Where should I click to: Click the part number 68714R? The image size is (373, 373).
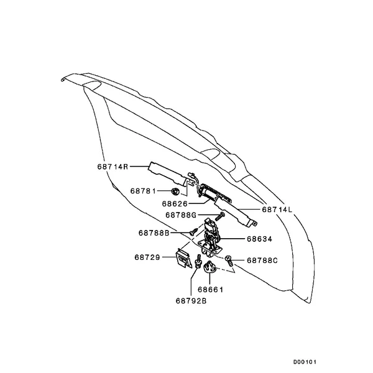tap(113, 167)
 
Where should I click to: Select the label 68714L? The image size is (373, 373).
tap(277, 210)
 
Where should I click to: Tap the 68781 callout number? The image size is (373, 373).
tap(143, 191)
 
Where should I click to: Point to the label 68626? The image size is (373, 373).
tap(175, 204)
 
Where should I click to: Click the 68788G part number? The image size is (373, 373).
tap(181, 215)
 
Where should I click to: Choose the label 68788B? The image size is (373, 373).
tap(154, 233)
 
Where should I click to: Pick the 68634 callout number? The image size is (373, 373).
tap(259, 239)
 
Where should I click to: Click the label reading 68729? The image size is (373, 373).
tap(147, 257)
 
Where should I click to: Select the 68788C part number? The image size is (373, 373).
tap(262, 260)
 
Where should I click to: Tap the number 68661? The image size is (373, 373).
tap(211, 290)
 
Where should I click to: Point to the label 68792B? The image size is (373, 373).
tap(191, 301)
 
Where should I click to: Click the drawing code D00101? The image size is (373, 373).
tap(305, 362)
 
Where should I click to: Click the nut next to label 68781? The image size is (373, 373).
tap(175, 191)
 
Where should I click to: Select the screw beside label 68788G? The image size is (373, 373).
tap(220, 216)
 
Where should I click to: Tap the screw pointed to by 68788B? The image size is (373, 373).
tap(193, 231)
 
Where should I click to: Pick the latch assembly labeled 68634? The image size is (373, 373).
tap(210, 239)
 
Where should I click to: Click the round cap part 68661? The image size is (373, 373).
tap(210, 267)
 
